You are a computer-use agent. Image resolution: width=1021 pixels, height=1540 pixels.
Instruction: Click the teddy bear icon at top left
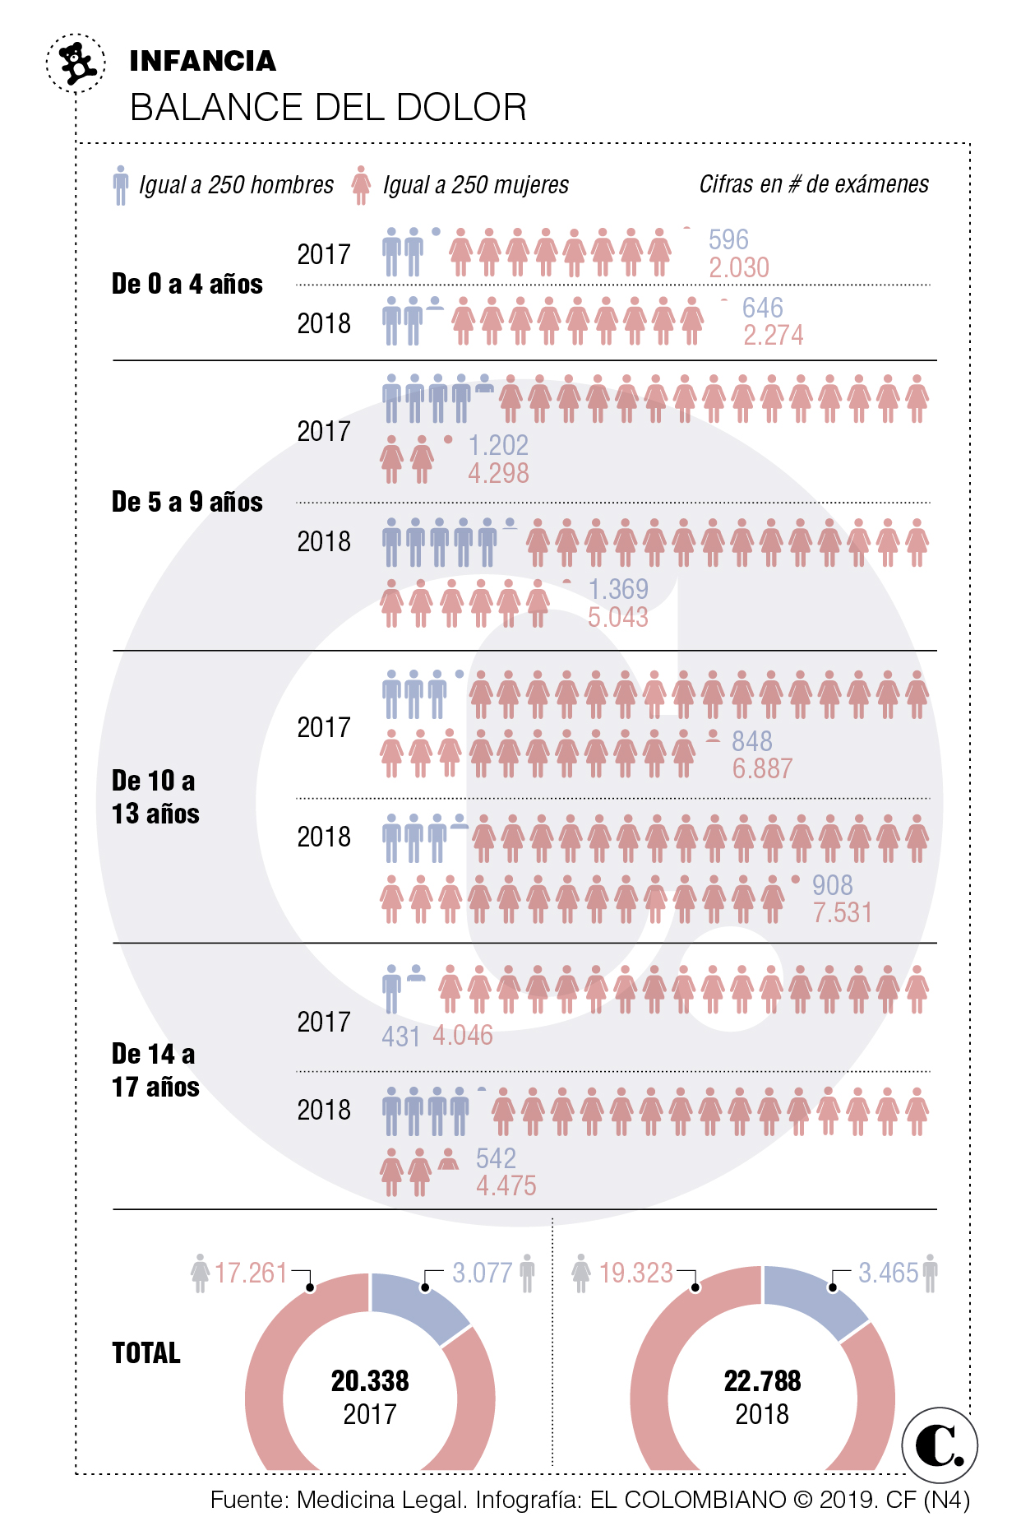pyautogui.click(x=76, y=63)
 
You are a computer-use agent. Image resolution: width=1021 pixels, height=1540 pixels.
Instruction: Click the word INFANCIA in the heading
pyautogui.click(x=202, y=61)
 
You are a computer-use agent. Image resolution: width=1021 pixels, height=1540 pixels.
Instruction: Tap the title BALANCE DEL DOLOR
pyautogui.click(x=328, y=108)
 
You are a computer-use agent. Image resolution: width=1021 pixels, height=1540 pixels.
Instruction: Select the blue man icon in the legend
pyautogui.click(x=121, y=185)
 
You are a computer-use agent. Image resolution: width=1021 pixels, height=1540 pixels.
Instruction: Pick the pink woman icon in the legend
pyautogui.click(x=360, y=185)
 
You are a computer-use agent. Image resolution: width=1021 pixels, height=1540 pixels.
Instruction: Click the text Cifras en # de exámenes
pyautogui.click(x=813, y=184)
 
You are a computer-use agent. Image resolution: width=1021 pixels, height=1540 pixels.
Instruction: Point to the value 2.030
pyautogui.click(x=738, y=267)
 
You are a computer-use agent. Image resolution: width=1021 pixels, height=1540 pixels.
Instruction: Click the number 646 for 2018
pyautogui.click(x=762, y=308)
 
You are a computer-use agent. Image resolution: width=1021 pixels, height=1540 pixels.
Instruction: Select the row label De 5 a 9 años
pyautogui.click(x=187, y=502)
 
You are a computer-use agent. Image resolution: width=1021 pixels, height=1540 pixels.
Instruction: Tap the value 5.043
pyautogui.click(x=617, y=617)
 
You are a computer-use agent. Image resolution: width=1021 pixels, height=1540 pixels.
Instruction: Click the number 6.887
pyautogui.click(x=762, y=768)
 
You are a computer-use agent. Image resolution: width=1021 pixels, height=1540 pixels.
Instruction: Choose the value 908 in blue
pyautogui.click(x=832, y=885)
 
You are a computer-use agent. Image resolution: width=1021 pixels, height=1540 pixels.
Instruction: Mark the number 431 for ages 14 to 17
pyautogui.click(x=400, y=1036)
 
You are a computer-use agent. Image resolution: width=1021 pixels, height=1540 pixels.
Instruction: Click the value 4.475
pyautogui.click(x=506, y=1185)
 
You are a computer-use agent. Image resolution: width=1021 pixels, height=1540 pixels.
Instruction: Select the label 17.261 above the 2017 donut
pyautogui.click(x=251, y=1273)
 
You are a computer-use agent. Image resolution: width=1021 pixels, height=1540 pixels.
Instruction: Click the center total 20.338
pyautogui.click(x=370, y=1381)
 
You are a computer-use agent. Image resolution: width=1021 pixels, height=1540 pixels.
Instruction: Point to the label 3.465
pyautogui.click(x=888, y=1273)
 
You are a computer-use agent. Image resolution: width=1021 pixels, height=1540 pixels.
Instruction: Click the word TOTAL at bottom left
pyautogui.click(x=146, y=1353)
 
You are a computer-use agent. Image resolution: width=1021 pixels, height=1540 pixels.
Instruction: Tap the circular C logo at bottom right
pyautogui.click(x=939, y=1445)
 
